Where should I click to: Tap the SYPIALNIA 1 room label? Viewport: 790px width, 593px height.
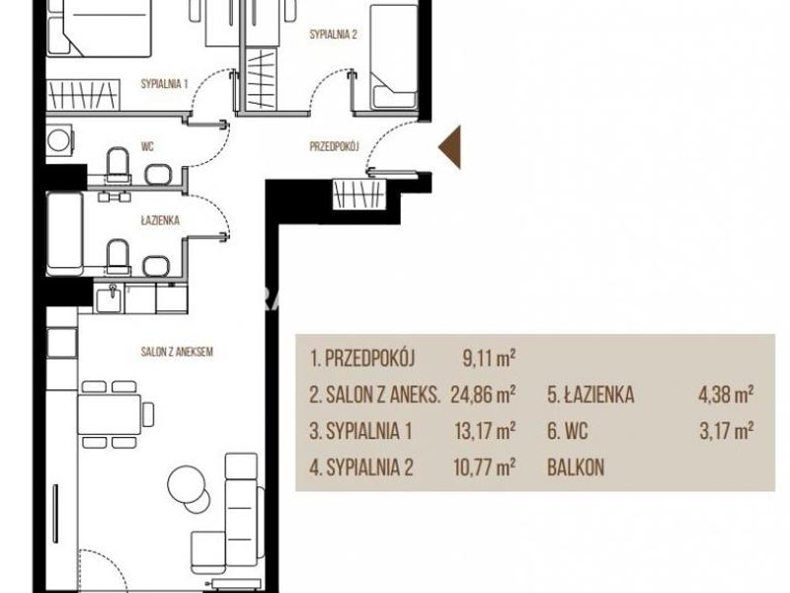click(x=164, y=84)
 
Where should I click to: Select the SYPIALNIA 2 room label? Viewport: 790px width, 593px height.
click(x=333, y=35)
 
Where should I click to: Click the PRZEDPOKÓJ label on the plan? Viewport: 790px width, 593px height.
click(x=334, y=146)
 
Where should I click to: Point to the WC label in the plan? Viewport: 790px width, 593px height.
click(x=147, y=146)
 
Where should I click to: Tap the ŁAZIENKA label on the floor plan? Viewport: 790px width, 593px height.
click(x=160, y=220)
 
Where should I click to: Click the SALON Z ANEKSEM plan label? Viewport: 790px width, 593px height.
click(x=177, y=352)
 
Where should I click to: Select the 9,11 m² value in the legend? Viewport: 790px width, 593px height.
click(x=489, y=358)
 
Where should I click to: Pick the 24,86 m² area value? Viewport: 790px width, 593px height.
click(x=483, y=394)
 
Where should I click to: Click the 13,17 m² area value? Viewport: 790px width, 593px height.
click(x=485, y=431)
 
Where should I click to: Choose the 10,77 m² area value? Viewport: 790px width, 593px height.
click(x=485, y=466)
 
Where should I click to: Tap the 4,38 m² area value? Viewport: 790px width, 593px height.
click(x=726, y=394)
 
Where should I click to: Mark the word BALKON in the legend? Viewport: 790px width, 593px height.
click(x=576, y=467)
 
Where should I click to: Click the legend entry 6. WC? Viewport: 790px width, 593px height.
click(x=567, y=431)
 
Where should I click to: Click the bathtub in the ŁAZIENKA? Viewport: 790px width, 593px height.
click(x=65, y=233)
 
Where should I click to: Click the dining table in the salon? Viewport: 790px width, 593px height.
click(x=110, y=414)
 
